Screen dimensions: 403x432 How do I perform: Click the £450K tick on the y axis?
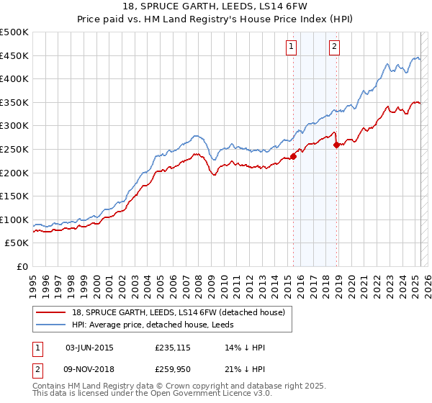click(x=14, y=55)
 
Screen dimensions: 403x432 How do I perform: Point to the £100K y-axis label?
click(x=14, y=219)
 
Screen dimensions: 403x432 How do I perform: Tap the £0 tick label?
click(x=22, y=266)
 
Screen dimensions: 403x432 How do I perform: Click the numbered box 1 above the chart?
click(x=292, y=47)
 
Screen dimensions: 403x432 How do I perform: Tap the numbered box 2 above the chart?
click(x=336, y=47)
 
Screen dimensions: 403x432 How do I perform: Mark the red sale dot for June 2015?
click(x=293, y=157)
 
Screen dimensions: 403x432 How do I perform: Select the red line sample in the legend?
click(x=52, y=312)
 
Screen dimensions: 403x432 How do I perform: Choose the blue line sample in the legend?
click(x=52, y=325)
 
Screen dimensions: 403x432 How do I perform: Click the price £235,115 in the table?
click(x=174, y=348)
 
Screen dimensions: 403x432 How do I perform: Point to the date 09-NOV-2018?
click(x=89, y=369)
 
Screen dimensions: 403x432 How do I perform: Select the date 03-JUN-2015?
click(x=89, y=348)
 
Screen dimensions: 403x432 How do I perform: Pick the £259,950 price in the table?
click(x=174, y=369)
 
